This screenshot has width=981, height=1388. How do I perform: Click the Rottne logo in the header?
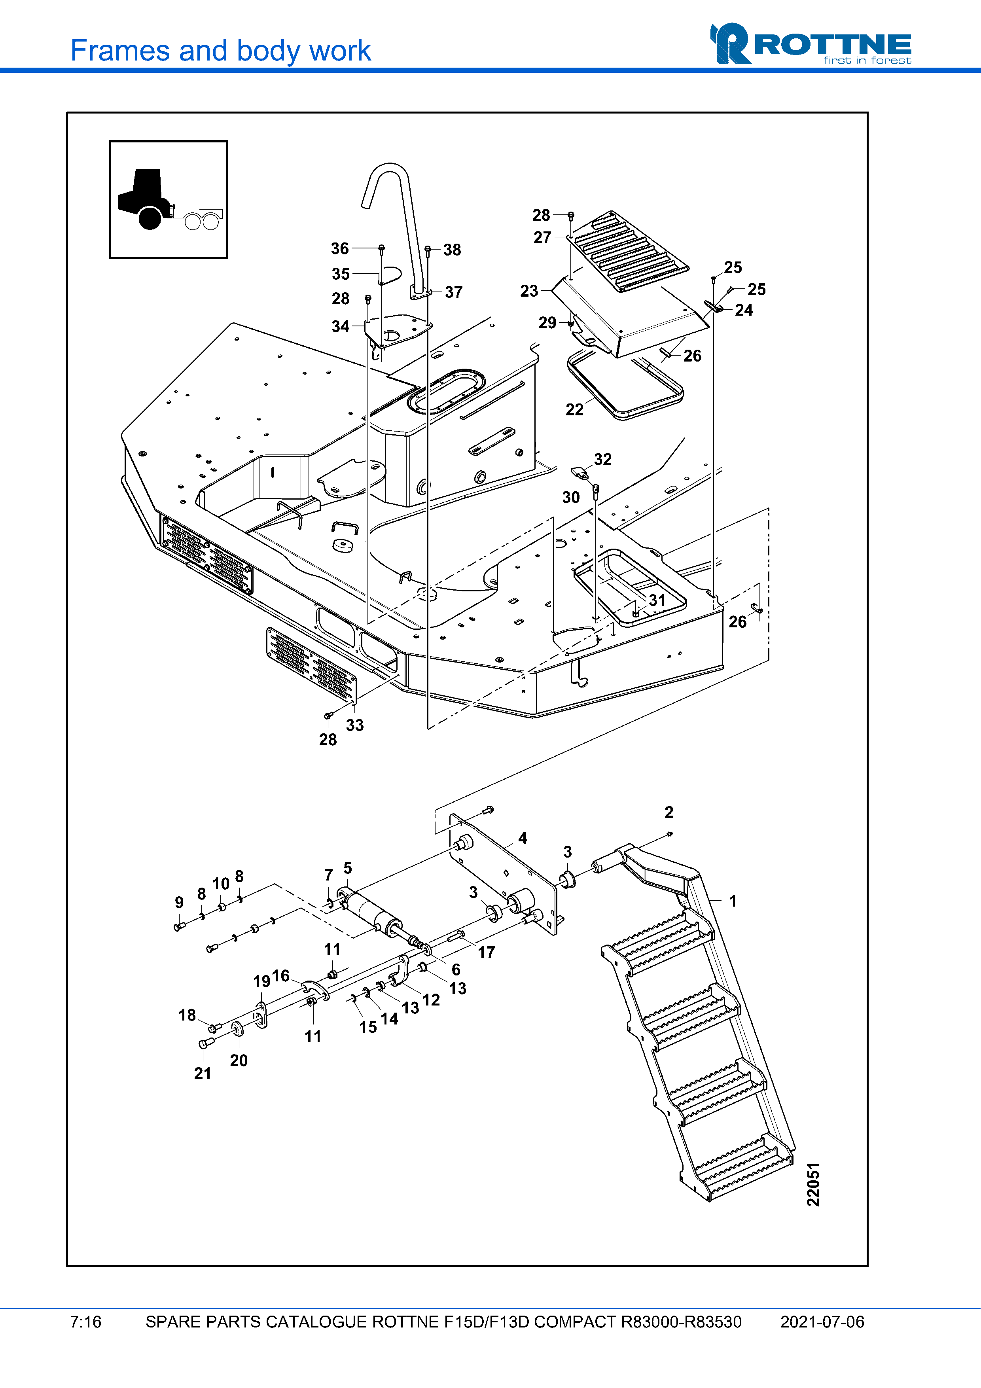point(810,44)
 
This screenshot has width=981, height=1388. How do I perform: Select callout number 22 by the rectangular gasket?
point(574,410)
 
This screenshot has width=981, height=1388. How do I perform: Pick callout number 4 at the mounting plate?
point(523,838)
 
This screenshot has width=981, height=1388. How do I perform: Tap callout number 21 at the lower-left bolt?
point(203,1073)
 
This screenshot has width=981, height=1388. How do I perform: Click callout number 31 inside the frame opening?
point(657,600)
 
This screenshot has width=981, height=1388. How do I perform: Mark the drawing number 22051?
point(814,1184)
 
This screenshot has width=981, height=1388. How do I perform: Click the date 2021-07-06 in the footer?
point(822,1322)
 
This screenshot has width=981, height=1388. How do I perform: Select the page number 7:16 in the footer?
point(86,1322)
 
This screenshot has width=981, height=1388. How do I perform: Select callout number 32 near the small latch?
point(602,460)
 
